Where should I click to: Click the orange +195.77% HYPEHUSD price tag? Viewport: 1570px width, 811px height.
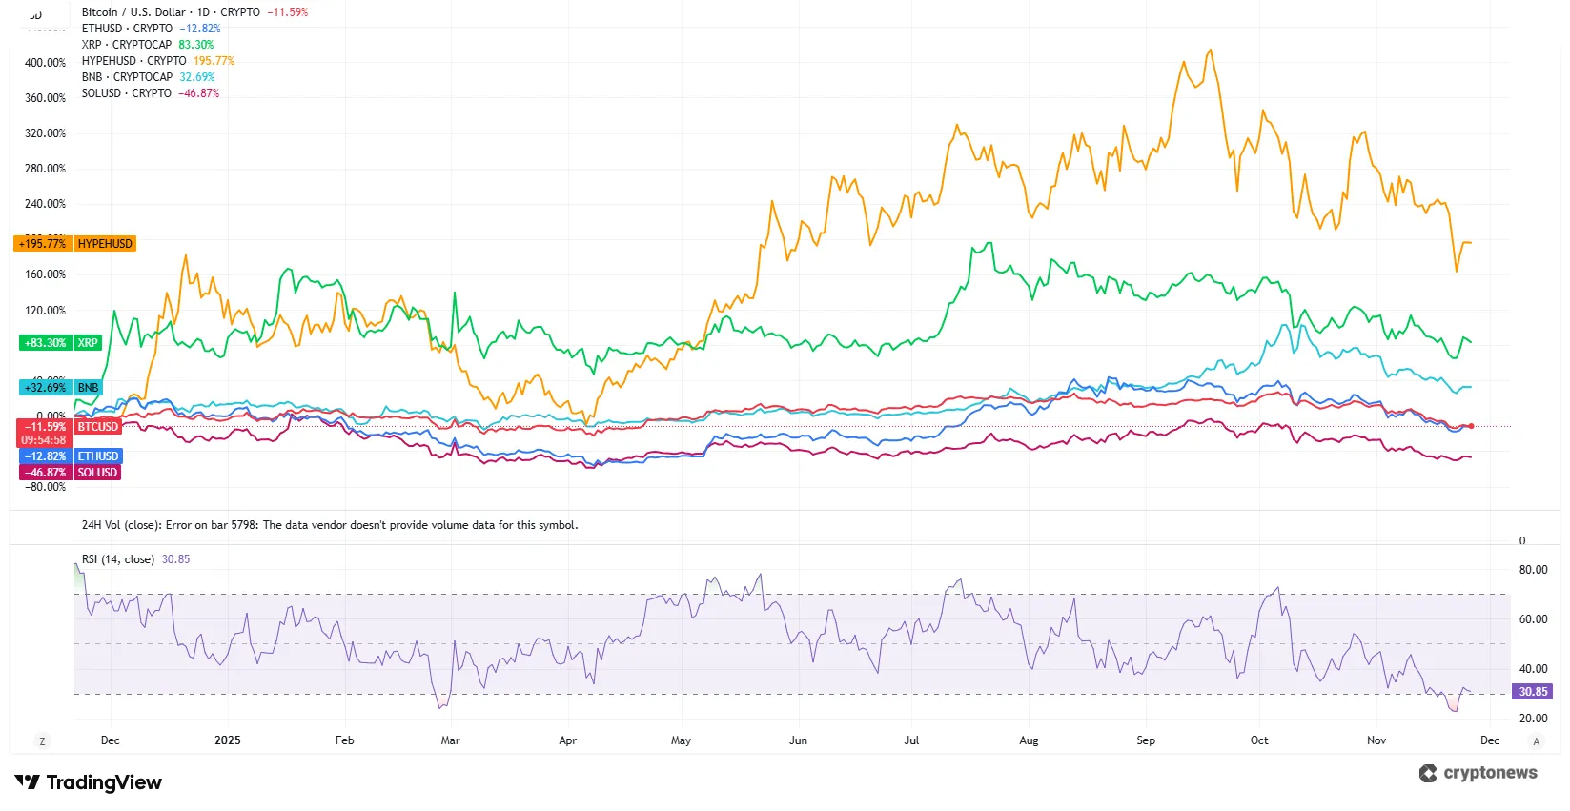coord(75,244)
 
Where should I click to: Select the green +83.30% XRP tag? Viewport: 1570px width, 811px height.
coord(59,343)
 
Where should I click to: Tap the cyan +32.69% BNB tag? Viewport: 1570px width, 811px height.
coord(60,388)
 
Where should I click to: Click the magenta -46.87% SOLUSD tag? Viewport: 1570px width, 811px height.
coord(70,473)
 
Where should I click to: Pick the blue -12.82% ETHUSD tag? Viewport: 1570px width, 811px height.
coord(70,456)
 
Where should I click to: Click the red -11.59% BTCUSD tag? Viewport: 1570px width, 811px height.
coord(70,427)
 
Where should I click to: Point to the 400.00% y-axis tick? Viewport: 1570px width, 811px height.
coord(45,63)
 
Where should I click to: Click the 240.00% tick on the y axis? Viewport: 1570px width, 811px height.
coord(45,204)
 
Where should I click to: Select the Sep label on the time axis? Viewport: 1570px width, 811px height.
coord(1146,740)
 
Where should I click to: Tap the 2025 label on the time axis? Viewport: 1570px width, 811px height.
coord(228,740)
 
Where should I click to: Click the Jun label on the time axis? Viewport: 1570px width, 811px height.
coord(798,740)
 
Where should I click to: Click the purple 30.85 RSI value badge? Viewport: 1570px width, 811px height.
coord(1533,692)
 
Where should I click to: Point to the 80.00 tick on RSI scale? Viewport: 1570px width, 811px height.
coord(1533,570)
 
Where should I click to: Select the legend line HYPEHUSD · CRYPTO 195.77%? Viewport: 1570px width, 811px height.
coord(157,61)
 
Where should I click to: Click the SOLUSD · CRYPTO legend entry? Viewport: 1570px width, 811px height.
coord(127,93)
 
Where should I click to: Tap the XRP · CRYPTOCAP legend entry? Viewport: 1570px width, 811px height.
coord(127,45)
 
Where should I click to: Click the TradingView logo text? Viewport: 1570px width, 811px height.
coord(103,782)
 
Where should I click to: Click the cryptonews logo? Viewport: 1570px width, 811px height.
coord(1478,773)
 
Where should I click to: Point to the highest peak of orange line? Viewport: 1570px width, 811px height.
coord(1211,51)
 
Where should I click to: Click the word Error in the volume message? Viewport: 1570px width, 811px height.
coord(178,525)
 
